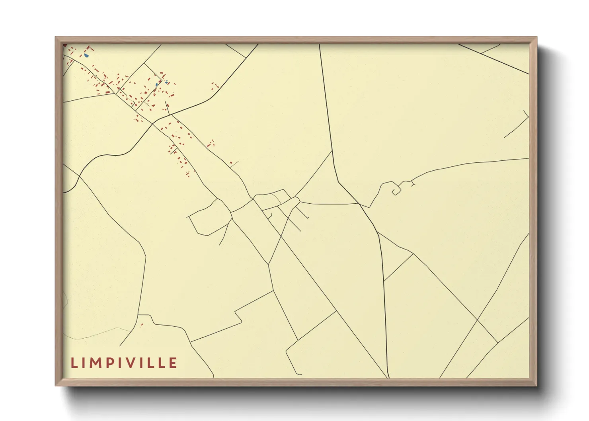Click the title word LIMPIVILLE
click(124, 363)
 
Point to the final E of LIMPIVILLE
click(173, 363)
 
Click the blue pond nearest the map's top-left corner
click(86, 55)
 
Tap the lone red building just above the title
click(141, 325)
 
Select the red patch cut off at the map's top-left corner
click(64, 45)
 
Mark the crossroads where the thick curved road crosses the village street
click(153, 124)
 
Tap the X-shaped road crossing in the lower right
click(477, 320)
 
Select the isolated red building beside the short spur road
click(231, 163)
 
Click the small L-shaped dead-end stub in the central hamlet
click(269, 216)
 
